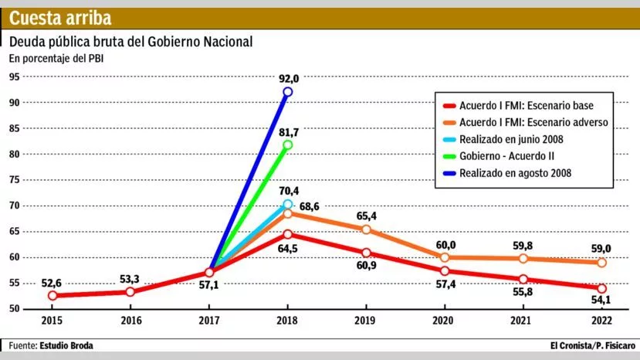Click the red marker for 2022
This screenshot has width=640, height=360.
click(x=601, y=288)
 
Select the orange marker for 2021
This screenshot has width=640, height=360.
click(x=523, y=259)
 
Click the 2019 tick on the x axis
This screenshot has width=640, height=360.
click(x=366, y=321)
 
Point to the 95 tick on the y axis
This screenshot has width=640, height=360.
click(x=14, y=76)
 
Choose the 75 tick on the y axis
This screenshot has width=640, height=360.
click(x=14, y=180)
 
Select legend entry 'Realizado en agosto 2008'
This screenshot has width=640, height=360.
click(x=515, y=173)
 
